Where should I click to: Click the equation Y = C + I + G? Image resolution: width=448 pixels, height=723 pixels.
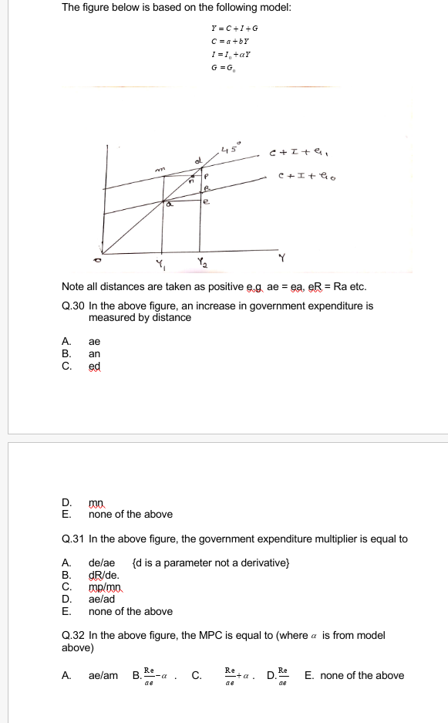point(223,29)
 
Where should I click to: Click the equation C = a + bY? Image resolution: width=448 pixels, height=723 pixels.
point(223,42)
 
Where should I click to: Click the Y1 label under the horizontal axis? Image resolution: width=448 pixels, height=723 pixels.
point(160,267)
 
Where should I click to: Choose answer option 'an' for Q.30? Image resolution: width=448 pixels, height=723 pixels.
point(95,353)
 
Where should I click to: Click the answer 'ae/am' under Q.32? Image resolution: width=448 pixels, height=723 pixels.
point(103,675)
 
